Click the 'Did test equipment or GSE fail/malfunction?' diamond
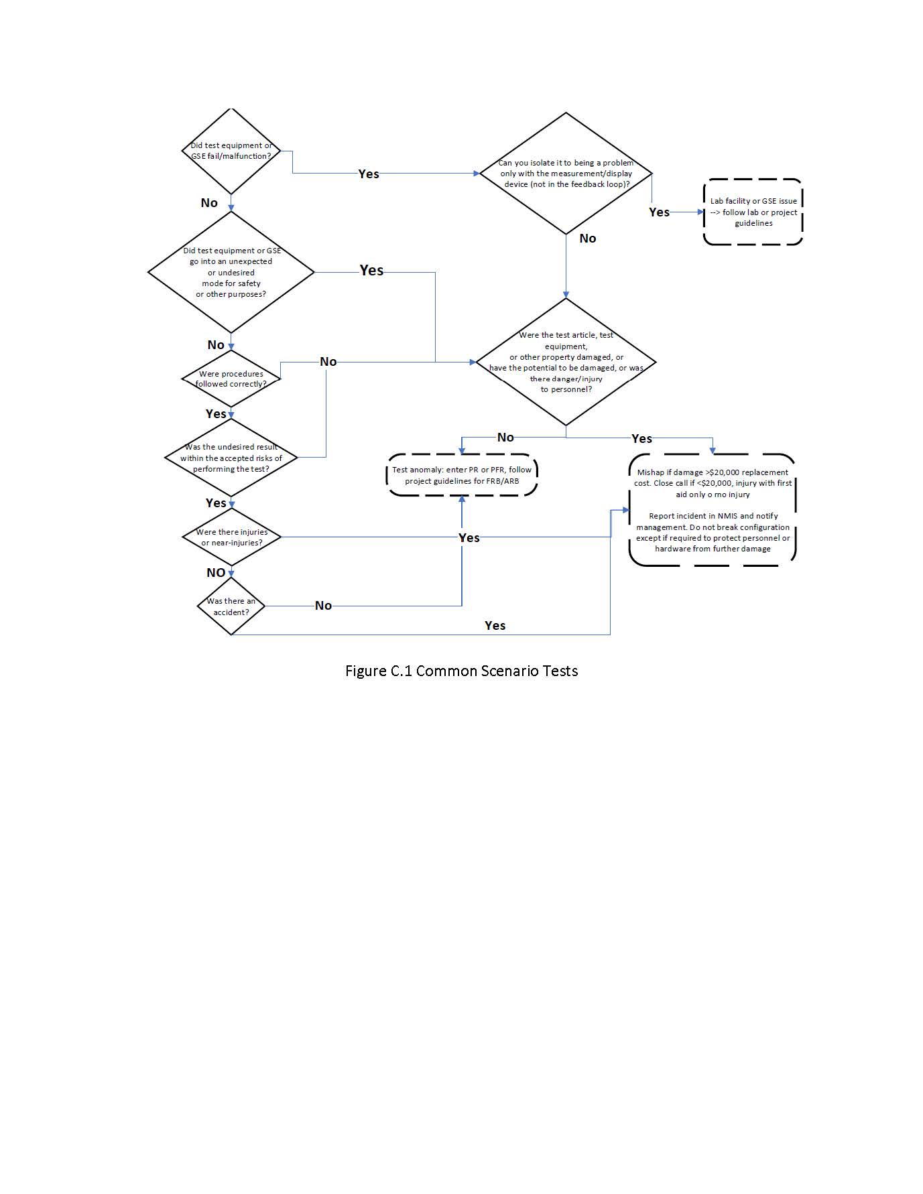pyautogui.click(x=231, y=151)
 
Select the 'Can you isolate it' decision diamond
pyautogui.click(x=566, y=174)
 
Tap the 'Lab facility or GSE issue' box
pyautogui.click(x=753, y=212)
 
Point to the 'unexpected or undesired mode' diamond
pyautogui.click(x=231, y=272)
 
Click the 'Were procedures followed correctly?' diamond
pyautogui.click(x=231, y=379)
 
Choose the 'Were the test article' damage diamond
pyautogui.click(x=566, y=362)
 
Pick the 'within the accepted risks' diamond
pyautogui.click(x=231, y=458)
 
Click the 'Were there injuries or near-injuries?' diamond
pyautogui.click(x=231, y=537)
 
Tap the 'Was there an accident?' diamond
pyautogui.click(x=231, y=606)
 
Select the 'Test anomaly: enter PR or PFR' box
pyautogui.click(x=462, y=475)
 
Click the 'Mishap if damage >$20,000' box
pyautogui.click(x=713, y=510)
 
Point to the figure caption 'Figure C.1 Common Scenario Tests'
pyautogui.click(x=461, y=671)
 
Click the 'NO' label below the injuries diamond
pyautogui.click(x=216, y=572)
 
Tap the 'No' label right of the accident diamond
pyautogui.click(x=323, y=606)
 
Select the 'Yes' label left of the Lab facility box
pyautogui.click(x=660, y=212)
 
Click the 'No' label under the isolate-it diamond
pyautogui.click(x=588, y=238)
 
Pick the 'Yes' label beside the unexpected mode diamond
pyautogui.click(x=371, y=270)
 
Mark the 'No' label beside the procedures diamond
pyautogui.click(x=328, y=362)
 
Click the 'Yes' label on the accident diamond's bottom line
pyautogui.click(x=495, y=625)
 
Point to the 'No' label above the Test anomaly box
pyautogui.click(x=505, y=438)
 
